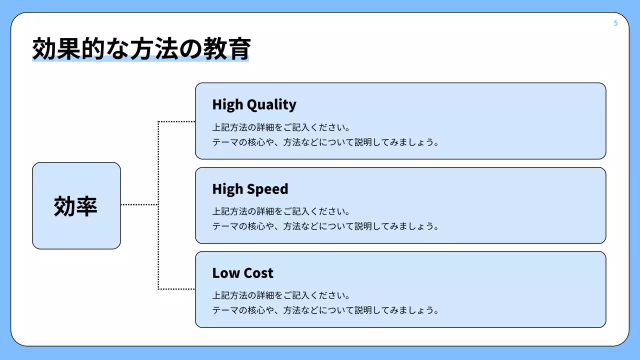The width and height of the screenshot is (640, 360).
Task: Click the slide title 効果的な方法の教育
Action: (x=141, y=49)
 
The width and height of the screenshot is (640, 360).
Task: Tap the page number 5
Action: (x=615, y=23)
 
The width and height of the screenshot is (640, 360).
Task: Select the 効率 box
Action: (x=76, y=205)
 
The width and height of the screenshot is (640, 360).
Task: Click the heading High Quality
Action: (x=254, y=104)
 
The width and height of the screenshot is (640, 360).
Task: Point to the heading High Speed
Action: (x=250, y=189)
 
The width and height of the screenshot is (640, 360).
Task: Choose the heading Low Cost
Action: (x=242, y=273)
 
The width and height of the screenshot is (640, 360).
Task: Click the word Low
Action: (x=223, y=273)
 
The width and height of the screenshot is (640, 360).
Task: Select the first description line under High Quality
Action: (x=281, y=127)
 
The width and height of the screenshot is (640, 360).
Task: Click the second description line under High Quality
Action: (x=325, y=142)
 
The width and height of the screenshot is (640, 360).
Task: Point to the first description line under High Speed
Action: (x=281, y=211)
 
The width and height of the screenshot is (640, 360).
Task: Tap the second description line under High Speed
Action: (x=325, y=226)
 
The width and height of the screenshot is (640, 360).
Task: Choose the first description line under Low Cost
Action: (x=281, y=295)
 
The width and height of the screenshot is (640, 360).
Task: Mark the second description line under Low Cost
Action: (x=325, y=310)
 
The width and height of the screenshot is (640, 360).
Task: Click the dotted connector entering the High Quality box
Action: (x=176, y=121)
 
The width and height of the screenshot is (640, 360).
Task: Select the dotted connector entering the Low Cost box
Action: (x=176, y=289)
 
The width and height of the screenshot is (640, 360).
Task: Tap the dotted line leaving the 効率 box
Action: (x=139, y=204)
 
